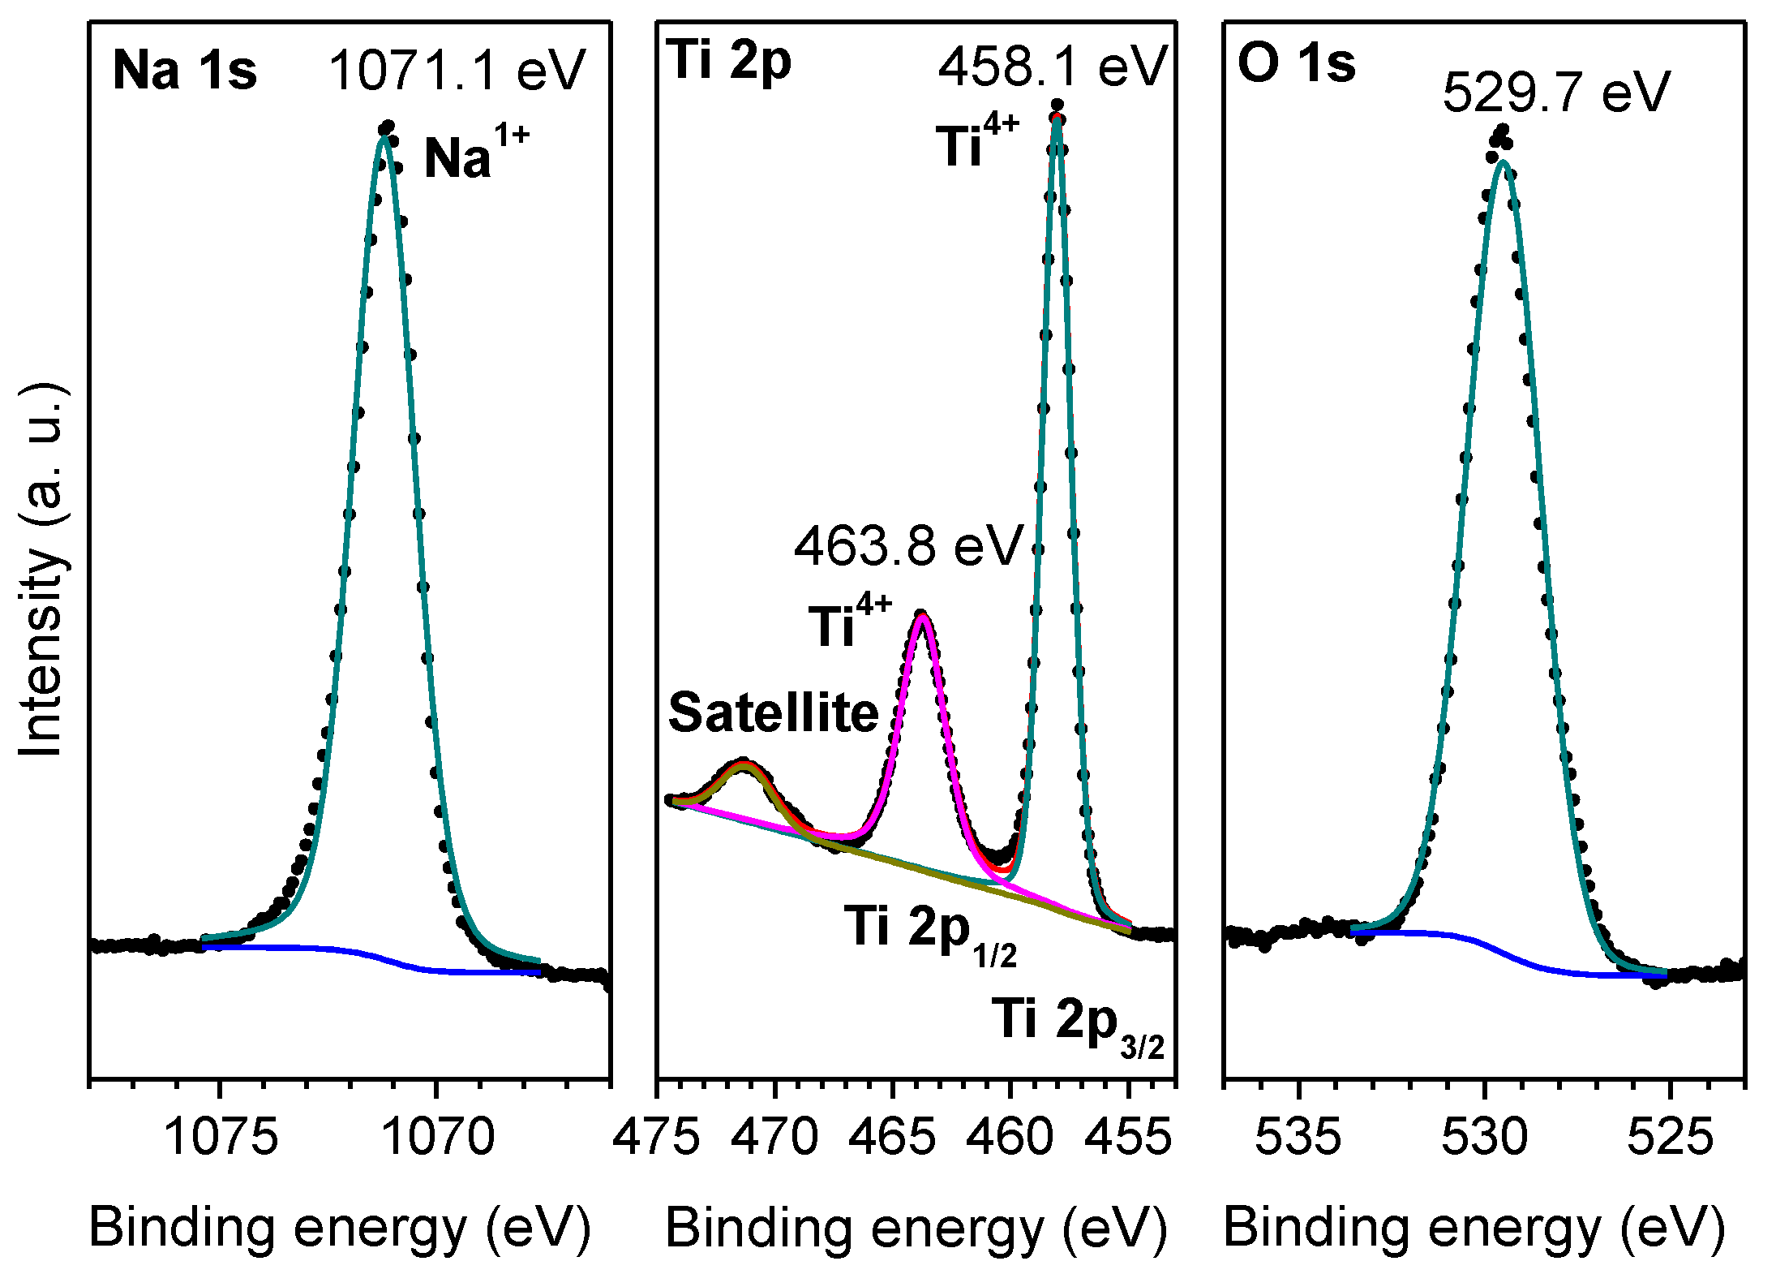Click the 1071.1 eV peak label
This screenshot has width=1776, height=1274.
click(456, 70)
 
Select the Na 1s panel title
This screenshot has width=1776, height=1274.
click(184, 70)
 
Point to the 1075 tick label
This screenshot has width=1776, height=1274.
click(221, 1136)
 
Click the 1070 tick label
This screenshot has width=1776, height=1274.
click(437, 1136)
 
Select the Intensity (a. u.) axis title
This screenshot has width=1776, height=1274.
click(42, 570)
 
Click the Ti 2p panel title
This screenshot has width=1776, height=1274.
click(731, 62)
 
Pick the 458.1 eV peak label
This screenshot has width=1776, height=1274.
click(1052, 67)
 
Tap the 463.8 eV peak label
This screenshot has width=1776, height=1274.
click(908, 545)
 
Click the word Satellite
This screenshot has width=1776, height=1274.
click(773, 712)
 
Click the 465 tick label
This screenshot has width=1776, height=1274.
click(892, 1136)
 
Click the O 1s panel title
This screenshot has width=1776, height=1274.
click(1296, 63)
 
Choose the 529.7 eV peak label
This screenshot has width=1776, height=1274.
click(1555, 92)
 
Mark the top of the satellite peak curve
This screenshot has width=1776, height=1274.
click(744, 763)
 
